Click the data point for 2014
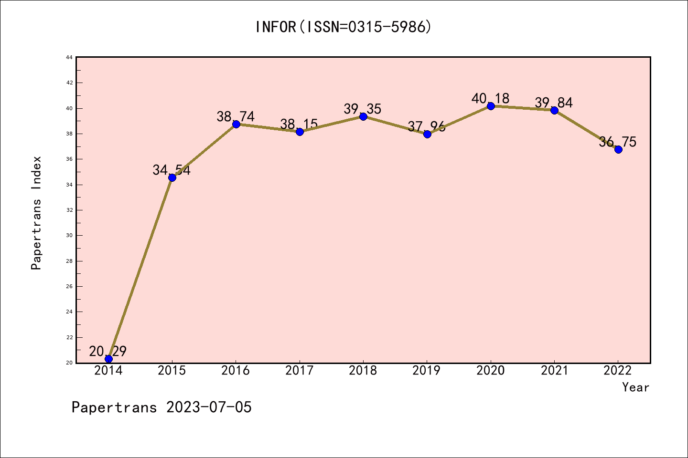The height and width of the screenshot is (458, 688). (108, 359)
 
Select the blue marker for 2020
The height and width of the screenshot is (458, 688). (491, 106)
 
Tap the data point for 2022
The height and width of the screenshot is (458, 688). (618, 149)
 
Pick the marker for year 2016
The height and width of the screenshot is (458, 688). (236, 124)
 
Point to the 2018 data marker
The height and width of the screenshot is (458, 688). (363, 116)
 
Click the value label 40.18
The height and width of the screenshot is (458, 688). (490, 98)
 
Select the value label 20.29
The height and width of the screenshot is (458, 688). (108, 351)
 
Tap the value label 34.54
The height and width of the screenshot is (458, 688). (172, 170)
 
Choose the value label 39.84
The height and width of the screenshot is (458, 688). (554, 103)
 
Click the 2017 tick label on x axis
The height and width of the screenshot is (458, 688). (300, 371)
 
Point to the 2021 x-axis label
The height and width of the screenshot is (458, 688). (554, 371)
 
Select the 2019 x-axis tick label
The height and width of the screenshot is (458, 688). (427, 371)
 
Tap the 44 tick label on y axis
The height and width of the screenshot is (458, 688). (69, 57)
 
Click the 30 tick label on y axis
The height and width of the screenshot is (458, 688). (69, 235)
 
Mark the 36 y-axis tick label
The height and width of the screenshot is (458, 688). (69, 159)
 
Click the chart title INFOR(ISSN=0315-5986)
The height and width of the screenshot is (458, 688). (344, 27)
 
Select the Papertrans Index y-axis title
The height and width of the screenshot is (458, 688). (36, 213)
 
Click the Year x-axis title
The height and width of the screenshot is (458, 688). (635, 387)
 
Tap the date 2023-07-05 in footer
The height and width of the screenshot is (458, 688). (209, 407)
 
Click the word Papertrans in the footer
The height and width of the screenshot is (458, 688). (114, 407)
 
